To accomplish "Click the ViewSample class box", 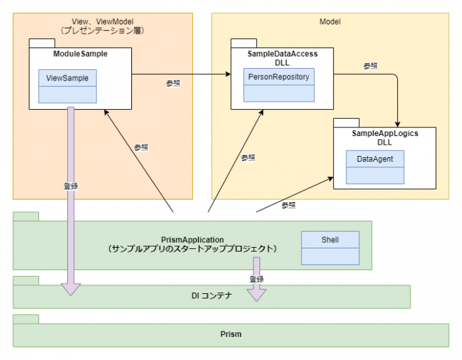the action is point(67,86).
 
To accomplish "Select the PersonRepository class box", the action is point(279,85).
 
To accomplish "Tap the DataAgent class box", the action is point(375,167).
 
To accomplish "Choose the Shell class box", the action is point(330,248).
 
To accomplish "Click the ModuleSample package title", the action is point(80,54).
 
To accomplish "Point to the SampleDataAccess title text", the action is point(282,54).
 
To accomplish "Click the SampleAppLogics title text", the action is point(385,133).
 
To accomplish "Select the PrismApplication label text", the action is point(193,240).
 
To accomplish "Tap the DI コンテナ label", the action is point(212,296).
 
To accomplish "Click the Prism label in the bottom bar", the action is point(231,334).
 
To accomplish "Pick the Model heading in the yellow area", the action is point(330,22).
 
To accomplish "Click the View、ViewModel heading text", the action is point(102,22).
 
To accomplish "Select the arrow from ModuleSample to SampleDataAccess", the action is point(181,74).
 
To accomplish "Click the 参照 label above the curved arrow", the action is point(371,66).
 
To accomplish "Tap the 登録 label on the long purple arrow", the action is point(71,186).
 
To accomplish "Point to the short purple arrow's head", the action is point(257,295).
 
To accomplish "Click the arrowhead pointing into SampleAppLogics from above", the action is point(397,124).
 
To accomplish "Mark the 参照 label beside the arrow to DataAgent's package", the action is point(289,205).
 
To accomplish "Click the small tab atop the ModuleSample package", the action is point(42,43).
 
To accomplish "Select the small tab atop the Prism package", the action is point(26,319).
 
